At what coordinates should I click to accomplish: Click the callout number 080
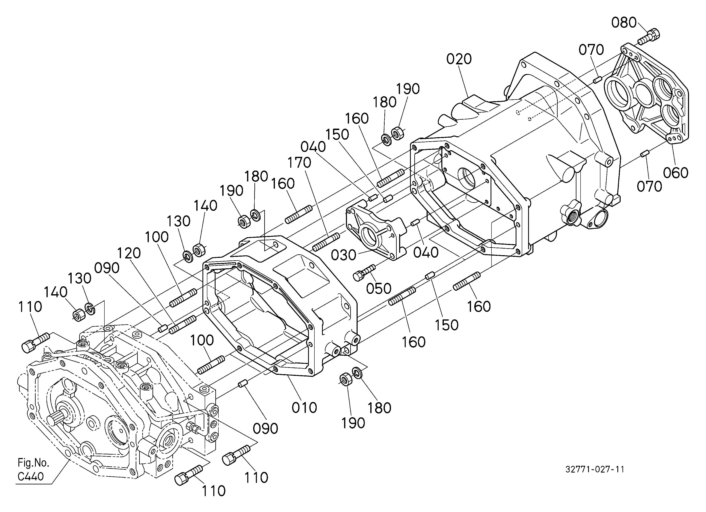click(624, 23)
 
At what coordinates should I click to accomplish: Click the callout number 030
click(343, 255)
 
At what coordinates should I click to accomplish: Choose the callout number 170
click(299, 162)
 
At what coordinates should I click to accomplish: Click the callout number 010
click(304, 407)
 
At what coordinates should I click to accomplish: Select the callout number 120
click(129, 253)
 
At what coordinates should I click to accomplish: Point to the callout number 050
click(378, 289)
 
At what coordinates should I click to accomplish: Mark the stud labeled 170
click(326, 242)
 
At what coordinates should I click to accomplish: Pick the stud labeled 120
click(183, 324)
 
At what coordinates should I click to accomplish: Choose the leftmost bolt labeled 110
click(35, 342)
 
